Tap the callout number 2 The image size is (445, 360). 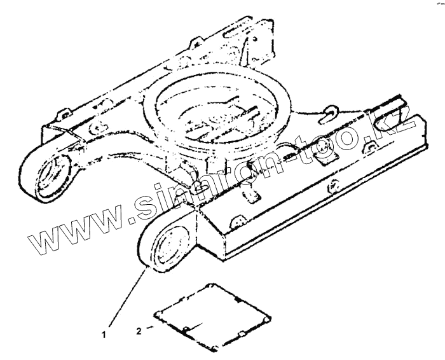click(x=139, y=331)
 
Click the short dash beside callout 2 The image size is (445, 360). click(x=150, y=328)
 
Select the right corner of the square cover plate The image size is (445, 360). click(x=273, y=317)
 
